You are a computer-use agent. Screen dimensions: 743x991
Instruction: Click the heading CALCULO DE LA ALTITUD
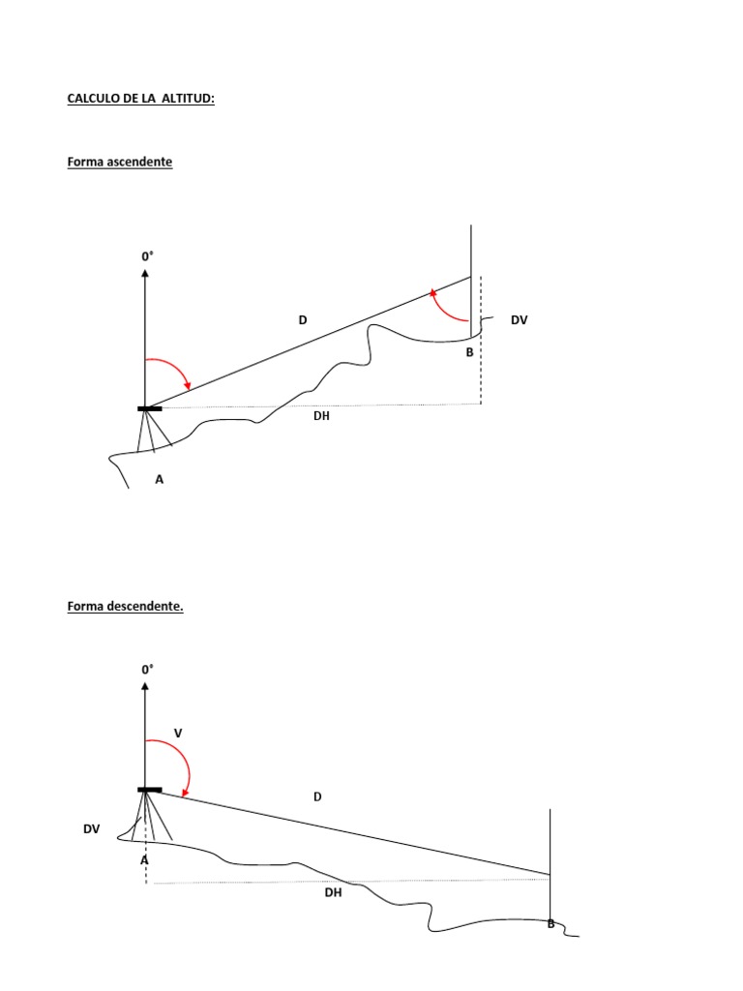(x=140, y=99)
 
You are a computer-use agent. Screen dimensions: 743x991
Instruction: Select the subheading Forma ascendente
(x=120, y=162)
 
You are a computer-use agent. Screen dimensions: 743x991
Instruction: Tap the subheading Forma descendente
(x=126, y=607)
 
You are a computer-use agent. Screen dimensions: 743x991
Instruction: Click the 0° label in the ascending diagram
(x=148, y=256)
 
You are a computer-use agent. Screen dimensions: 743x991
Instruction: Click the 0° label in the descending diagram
(x=148, y=669)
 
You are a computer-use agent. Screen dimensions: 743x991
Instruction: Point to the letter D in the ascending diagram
(x=303, y=319)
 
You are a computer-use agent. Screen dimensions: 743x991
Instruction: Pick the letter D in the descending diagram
(x=317, y=796)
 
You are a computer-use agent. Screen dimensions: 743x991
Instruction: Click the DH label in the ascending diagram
(x=322, y=416)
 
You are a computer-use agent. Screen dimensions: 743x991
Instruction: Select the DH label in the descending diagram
(x=333, y=893)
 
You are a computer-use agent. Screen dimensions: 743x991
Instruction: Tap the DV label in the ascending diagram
(x=520, y=319)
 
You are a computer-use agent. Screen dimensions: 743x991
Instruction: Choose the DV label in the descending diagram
(x=92, y=829)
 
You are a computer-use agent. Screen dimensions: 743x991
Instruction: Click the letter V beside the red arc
(x=178, y=735)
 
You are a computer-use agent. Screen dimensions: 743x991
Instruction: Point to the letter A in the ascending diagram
(x=160, y=477)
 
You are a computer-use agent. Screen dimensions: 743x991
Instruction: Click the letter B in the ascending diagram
(x=470, y=352)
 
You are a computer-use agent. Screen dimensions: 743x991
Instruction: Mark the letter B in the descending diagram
(x=550, y=924)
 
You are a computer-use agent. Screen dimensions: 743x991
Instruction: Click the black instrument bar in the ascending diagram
(x=150, y=409)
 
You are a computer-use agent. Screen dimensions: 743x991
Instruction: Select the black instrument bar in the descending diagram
(x=150, y=790)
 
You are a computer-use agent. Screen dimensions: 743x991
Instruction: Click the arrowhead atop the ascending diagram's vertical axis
(x=145, y=275)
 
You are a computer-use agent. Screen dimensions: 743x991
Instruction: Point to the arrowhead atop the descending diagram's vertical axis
(x=145, y=686)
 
